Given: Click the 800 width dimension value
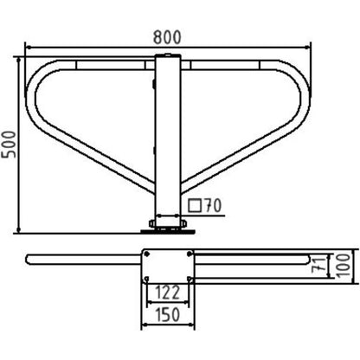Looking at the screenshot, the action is (167, 37).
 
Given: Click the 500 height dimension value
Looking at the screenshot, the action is (9, 145).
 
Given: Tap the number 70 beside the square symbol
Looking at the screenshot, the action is (213, 206).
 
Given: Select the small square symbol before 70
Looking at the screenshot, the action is (195, 205).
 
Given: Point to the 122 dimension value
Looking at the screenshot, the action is (168, 292).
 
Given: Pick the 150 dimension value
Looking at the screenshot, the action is (168, 315).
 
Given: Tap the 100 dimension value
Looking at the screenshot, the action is (344, 266).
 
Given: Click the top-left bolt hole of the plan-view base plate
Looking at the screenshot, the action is (147, 254).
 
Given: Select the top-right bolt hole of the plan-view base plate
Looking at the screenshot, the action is (190, 254).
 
